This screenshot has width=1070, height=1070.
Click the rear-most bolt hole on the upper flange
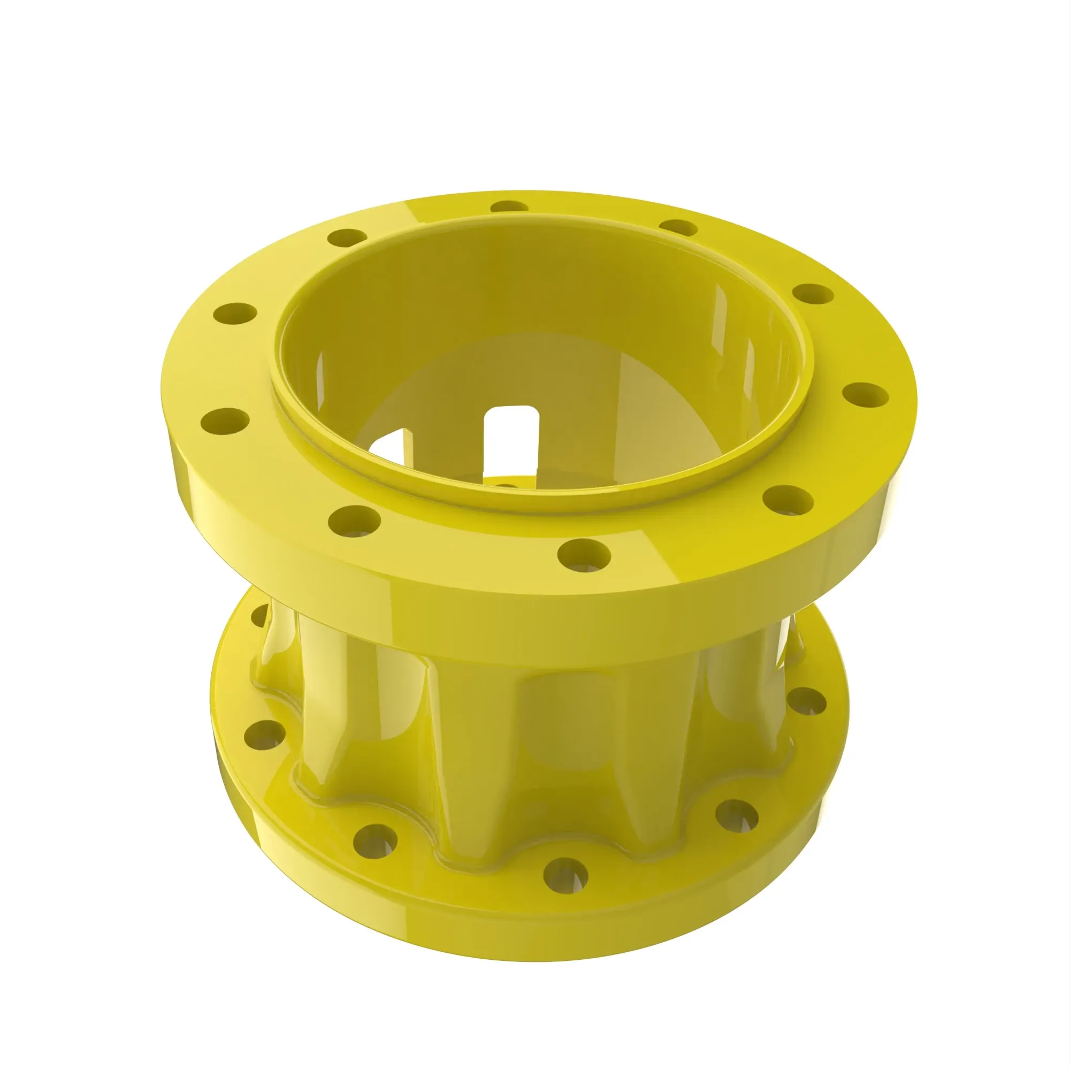[510, 208]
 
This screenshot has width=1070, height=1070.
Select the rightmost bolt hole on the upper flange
[866, 395]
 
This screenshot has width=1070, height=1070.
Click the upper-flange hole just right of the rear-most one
[678, 227]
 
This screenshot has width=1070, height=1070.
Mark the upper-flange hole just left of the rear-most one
[347, 238]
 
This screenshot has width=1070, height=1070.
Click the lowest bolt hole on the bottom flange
[565, 874]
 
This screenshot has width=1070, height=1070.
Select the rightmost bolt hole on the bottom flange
[806, 702]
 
